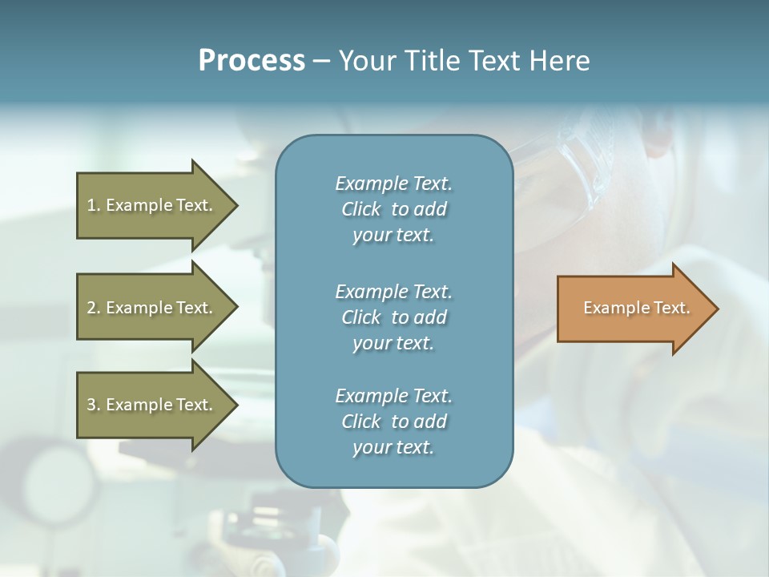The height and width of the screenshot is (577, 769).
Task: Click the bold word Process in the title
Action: [252, 61]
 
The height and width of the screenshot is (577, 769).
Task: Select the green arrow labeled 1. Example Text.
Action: [152, 205]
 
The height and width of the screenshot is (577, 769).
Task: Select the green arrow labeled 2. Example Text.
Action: [152, 308]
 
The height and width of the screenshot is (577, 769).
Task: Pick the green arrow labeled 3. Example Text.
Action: [152, 405]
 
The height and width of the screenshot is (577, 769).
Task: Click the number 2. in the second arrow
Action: [94, 308]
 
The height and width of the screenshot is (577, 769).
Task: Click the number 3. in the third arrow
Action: [94, 405]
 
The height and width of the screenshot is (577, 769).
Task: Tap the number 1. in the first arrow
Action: [94, 205]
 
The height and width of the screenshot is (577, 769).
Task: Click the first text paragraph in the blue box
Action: [393, 209]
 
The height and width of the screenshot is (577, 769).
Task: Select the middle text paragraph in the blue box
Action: [393, 317]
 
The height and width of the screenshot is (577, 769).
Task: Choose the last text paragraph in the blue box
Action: [393, 422]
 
